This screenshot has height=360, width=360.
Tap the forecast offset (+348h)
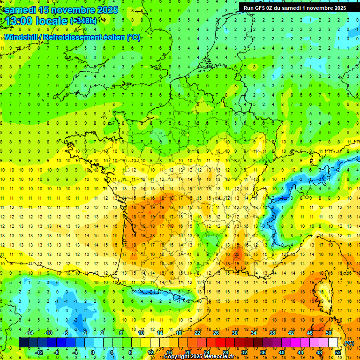(83, 21)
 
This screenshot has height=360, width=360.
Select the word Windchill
(22, 37)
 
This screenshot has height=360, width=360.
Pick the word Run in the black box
(249, 8)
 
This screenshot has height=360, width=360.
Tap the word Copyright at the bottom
(177, 357)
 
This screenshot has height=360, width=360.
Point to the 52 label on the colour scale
(337, 352)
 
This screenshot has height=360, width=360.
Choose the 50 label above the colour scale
(329, 333)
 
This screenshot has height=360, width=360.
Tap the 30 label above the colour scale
(235, 333)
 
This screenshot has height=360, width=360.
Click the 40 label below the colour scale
(282, 352)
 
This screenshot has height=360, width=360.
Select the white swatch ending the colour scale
(333, 343)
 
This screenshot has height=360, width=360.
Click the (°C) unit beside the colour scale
(349, 343)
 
